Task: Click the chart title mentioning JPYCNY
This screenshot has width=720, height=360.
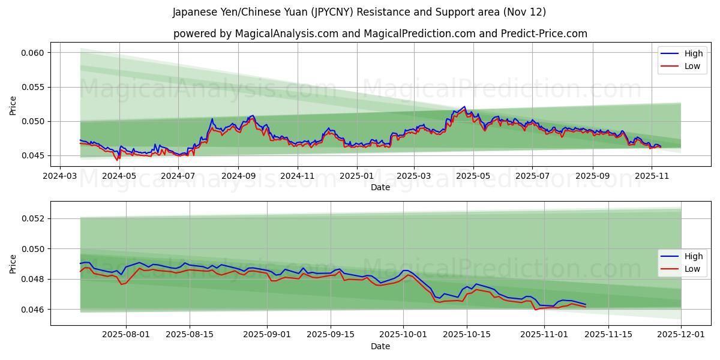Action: point(359,12)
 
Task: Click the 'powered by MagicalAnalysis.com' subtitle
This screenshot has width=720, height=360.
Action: point(380,34)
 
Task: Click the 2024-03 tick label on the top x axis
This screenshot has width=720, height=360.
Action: point(61,176)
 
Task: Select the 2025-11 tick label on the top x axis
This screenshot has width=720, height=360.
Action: point(652,176)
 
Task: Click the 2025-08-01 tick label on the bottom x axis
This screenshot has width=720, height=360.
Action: point(126,334)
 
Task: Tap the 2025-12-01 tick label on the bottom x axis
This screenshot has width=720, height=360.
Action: point(681,334)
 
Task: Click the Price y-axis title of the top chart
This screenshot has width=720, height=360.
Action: point(13,106)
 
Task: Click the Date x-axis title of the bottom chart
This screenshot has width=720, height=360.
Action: point(380,346)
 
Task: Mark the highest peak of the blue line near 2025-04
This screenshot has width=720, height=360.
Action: point(464,107)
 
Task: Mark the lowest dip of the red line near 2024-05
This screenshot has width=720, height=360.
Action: point(117,160)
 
